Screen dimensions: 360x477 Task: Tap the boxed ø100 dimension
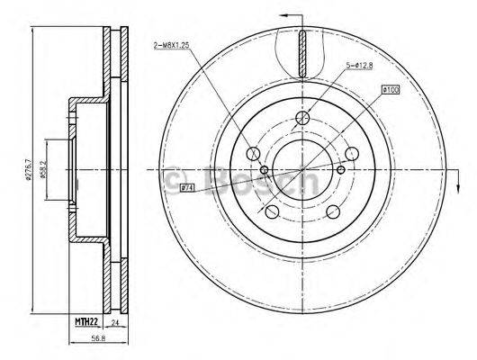point(391,89)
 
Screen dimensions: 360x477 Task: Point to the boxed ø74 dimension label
point(188,187)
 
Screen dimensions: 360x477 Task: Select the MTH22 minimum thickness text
point(85,321)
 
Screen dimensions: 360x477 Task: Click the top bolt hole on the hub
point(304,117)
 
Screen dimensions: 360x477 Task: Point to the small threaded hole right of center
point(343,169)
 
